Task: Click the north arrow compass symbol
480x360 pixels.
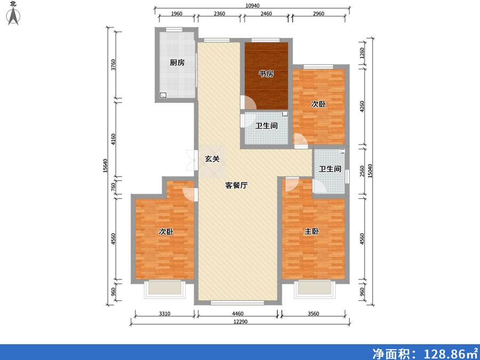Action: [13, 16]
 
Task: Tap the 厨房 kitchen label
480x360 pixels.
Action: [177, 63]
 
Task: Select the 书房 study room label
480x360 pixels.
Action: [266, 74]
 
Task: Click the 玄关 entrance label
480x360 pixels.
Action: [212, 159]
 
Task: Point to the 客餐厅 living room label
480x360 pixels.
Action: [236, 185]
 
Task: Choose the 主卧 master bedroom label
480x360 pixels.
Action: [311, 231]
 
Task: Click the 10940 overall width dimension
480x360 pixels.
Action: [253, 5]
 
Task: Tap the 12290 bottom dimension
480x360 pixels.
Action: [241, 322]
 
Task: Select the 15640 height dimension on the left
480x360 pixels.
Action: [105, 166]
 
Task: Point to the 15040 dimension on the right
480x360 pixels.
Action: [370, 171]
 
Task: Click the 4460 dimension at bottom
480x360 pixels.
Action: [237, 314]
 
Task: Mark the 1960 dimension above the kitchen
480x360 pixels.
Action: [177, 14]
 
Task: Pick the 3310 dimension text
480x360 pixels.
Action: [164, 314]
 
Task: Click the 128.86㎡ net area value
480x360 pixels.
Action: [450, 354]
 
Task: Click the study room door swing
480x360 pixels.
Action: [249, 102]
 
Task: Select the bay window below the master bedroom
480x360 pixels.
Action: [314, 289]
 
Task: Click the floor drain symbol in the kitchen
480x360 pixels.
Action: [163, 95]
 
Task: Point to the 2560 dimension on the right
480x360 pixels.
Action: [362, 171]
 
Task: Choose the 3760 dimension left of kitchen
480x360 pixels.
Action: [113, 65]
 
